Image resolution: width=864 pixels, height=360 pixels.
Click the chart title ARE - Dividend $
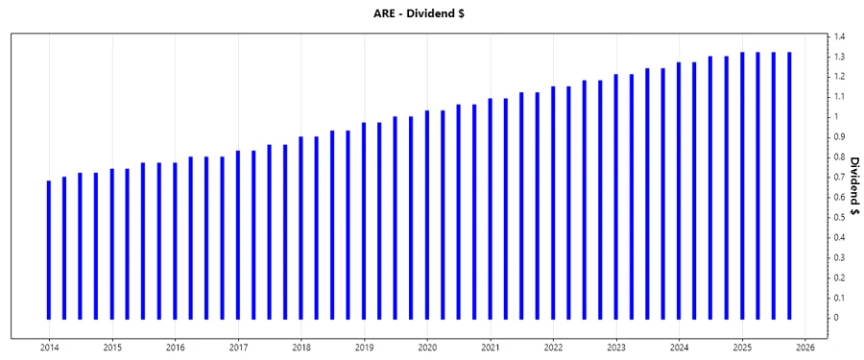point(431,12)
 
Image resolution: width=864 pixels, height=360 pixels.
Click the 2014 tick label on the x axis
point(49,348)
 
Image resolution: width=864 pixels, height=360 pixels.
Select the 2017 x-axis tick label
point(238,348)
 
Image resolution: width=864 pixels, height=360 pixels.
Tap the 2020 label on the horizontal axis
point(427,348)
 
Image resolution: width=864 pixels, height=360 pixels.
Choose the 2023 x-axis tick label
point(616,348)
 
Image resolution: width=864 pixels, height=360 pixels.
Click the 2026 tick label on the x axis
point(805,348)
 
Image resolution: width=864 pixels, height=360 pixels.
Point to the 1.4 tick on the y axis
point(839,36)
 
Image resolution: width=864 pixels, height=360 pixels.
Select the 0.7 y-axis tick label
point(839,177)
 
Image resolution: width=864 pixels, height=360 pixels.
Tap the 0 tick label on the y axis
point(837,318)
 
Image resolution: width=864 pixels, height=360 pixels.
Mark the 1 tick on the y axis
point(837,117)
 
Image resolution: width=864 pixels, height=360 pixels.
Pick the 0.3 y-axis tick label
point(839,257)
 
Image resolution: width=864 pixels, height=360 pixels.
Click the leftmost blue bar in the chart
point(49,250)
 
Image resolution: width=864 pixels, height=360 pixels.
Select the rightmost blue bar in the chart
point(789,185)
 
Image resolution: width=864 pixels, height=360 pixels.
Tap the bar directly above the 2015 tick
point(111,244)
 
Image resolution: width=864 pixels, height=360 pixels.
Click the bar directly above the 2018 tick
point(301,228)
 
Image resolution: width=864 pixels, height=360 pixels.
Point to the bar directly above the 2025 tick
point(742,185)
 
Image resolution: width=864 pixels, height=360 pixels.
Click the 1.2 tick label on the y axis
point(839,77)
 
